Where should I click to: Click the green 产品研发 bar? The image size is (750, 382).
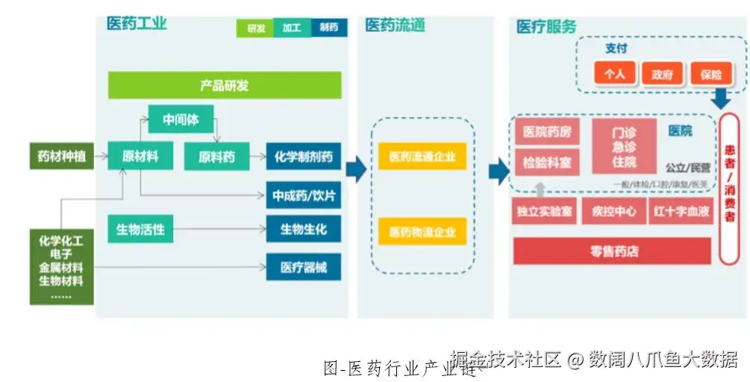click(x=225, y=85)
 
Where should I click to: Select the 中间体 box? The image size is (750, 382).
click(x=180, y=119)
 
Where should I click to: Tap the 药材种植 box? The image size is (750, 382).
click(x=62, y=157)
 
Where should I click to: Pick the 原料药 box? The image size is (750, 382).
click(x=216, y=157)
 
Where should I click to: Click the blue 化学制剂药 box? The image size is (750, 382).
click(x=303, y=157)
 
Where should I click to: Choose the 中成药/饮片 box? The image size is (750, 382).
click(x=303, y=195)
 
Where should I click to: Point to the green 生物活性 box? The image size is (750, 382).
click(x=140, y=229)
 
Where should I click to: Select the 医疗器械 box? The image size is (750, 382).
click(x=303, y=266)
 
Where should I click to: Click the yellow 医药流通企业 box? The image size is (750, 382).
click(x=422, y=157)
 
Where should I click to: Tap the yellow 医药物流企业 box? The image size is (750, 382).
click(x=422, y=231)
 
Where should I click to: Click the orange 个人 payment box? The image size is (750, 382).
click(x=614, y=74)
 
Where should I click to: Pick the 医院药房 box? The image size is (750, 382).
click(x=546, y=132)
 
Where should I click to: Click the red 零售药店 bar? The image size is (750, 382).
click(x=613, y=251)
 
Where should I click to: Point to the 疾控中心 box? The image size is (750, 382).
click(x=613, y=211)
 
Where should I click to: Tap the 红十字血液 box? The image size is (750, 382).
click(x=681, y=211)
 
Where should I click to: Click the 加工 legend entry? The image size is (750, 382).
click(x=292, y=28)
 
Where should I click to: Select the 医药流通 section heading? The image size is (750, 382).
click(x=395, y=25)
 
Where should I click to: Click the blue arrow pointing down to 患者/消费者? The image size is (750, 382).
click(x=720, y=98)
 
